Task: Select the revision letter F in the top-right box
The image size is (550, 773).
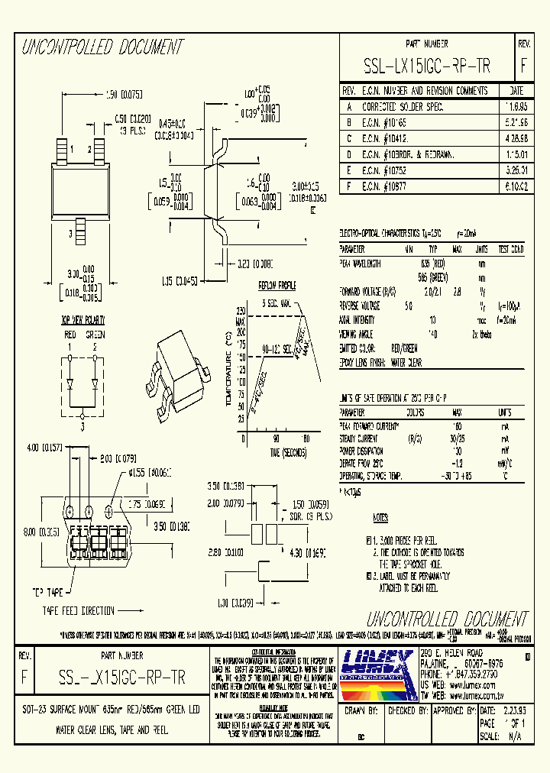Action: [x=523, y=66]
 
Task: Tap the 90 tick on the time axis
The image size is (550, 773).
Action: [x=277, y=438]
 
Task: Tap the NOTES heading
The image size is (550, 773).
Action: [x=380, y=517]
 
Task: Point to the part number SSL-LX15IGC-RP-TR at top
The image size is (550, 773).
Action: [x=428, y=66]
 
